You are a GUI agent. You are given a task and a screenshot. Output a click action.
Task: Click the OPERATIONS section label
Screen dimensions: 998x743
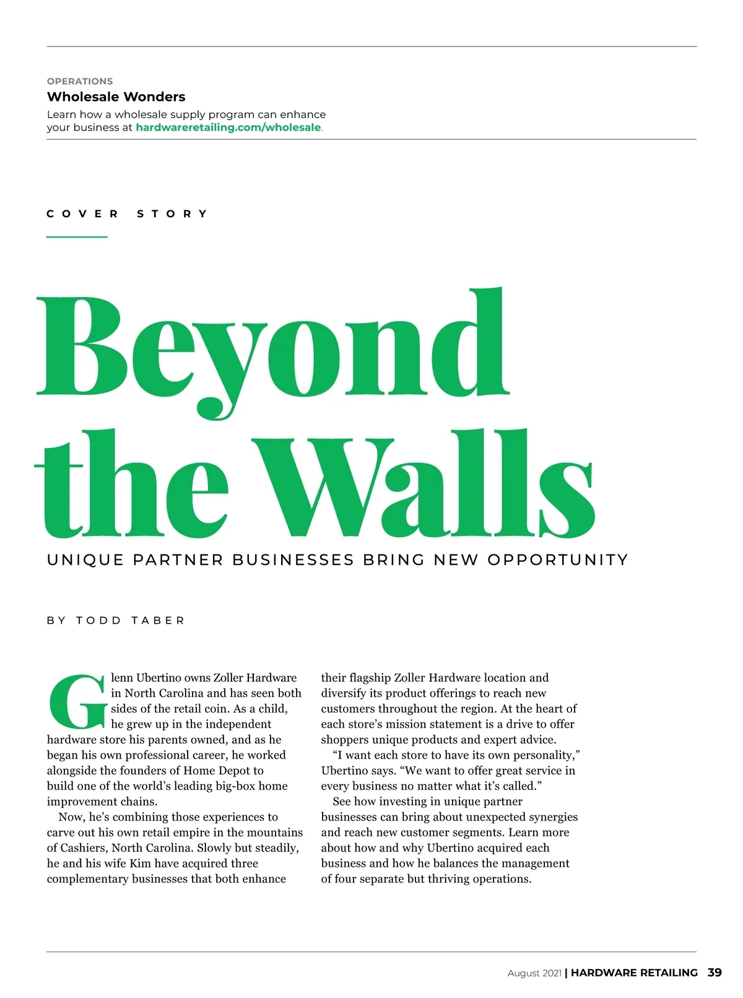(80, 81)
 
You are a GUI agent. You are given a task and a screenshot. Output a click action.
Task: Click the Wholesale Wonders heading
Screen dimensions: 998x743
(116, 97)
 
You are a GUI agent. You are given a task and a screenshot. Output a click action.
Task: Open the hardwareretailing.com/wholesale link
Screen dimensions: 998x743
(228, 127)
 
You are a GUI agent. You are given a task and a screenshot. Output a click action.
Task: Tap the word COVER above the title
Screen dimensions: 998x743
(82, 214)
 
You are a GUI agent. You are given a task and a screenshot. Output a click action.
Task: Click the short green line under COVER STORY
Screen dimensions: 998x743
(77, 236)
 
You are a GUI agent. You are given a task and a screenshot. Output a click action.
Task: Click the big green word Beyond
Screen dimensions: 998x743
(272, 346)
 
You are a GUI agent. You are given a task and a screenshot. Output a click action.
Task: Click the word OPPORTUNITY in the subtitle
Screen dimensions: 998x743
(557, 560)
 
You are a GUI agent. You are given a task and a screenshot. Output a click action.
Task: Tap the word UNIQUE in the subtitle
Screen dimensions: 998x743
(85, 560)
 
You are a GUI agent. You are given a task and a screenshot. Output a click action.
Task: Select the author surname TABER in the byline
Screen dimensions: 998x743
(158, 621)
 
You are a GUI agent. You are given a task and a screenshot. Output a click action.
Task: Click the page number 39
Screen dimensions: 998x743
(715, 972)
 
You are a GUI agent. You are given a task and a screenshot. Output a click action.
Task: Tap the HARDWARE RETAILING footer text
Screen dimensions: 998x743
(634, 973)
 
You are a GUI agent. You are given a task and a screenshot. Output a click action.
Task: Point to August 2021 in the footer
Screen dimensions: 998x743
(534, 973)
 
